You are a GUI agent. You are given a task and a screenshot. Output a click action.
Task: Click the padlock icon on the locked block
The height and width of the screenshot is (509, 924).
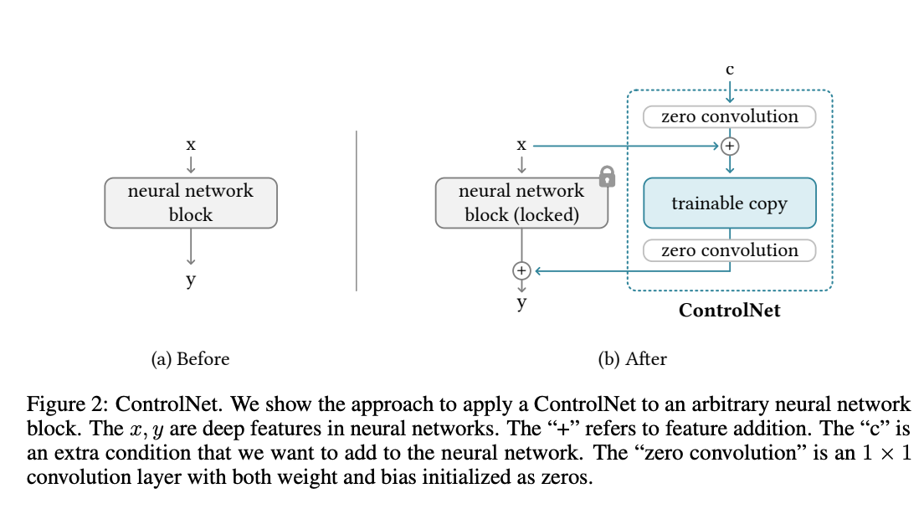coord(608,176)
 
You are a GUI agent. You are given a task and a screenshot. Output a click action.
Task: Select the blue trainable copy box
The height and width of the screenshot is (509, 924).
coord(729,203)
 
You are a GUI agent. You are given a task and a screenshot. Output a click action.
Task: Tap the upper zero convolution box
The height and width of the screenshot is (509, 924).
coord(729,116)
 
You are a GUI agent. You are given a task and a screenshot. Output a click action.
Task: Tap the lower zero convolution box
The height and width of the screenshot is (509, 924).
coord(729,250)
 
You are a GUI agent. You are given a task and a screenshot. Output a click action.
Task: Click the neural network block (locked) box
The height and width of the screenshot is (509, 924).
coord(521,203)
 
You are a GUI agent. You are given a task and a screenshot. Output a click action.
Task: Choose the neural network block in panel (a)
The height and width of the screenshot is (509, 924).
coord(190,203)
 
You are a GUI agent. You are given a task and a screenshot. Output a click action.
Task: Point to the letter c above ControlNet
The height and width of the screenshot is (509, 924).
coord(730,69)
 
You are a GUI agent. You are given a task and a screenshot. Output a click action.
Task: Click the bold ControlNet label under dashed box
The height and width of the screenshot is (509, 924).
coord(729,311)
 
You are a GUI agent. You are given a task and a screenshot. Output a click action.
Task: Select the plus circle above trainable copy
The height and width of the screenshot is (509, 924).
coord(730,146)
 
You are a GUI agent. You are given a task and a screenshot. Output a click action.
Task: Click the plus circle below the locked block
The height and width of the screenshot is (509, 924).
coord(521,270)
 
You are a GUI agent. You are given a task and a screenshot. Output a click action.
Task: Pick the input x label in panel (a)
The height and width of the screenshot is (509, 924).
coord(191,144)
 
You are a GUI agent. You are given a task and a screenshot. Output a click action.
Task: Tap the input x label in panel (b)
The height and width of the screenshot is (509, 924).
coord(521,144)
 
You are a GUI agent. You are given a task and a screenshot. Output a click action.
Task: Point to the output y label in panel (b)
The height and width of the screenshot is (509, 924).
coord(521,302)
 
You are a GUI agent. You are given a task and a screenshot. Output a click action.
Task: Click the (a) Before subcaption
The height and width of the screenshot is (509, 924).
coord(190,359)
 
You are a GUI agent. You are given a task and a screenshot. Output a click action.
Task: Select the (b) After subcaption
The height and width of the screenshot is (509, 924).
coord(632,359)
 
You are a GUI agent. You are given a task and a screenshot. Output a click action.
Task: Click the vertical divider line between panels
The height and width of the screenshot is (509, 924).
coord(357,209)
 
